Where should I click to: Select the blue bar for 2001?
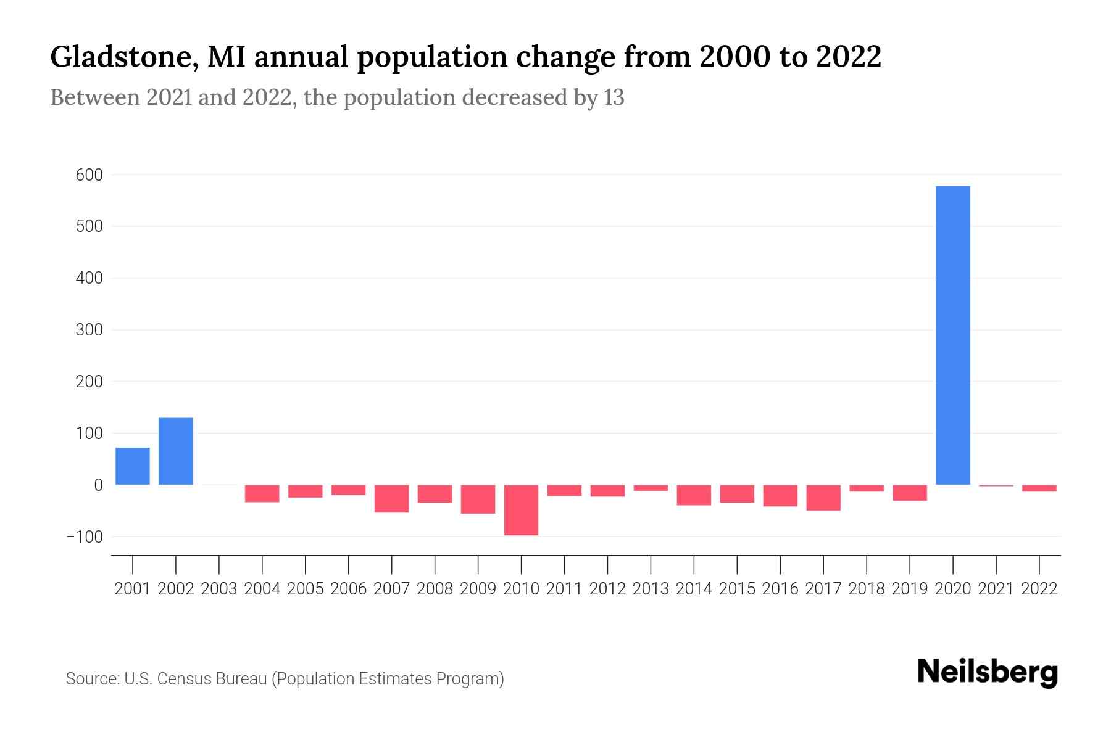(133, 466)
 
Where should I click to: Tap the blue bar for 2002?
(176, 451)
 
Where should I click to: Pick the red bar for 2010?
(521, 509)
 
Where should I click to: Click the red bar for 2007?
(391, 498)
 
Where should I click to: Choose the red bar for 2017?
(823, 498)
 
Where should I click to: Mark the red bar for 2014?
(694, 495)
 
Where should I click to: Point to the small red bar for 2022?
(1039, 488)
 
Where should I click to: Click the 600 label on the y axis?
(89, 175)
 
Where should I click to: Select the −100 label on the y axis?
(85, 536)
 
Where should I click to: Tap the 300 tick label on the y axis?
(89, 330)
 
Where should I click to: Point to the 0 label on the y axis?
(98, 485)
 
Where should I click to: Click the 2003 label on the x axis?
(219, 589)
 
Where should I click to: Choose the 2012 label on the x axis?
(607, 589)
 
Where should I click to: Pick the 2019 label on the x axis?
(909, 589)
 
